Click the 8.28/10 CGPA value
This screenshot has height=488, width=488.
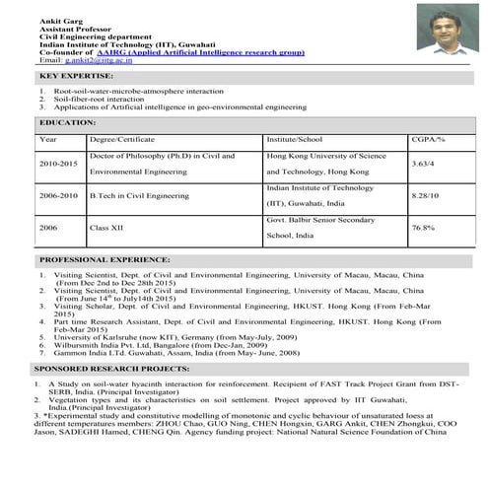(425, 195)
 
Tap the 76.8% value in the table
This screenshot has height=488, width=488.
(423, 228)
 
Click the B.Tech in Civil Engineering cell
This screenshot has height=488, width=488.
(139, 195)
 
